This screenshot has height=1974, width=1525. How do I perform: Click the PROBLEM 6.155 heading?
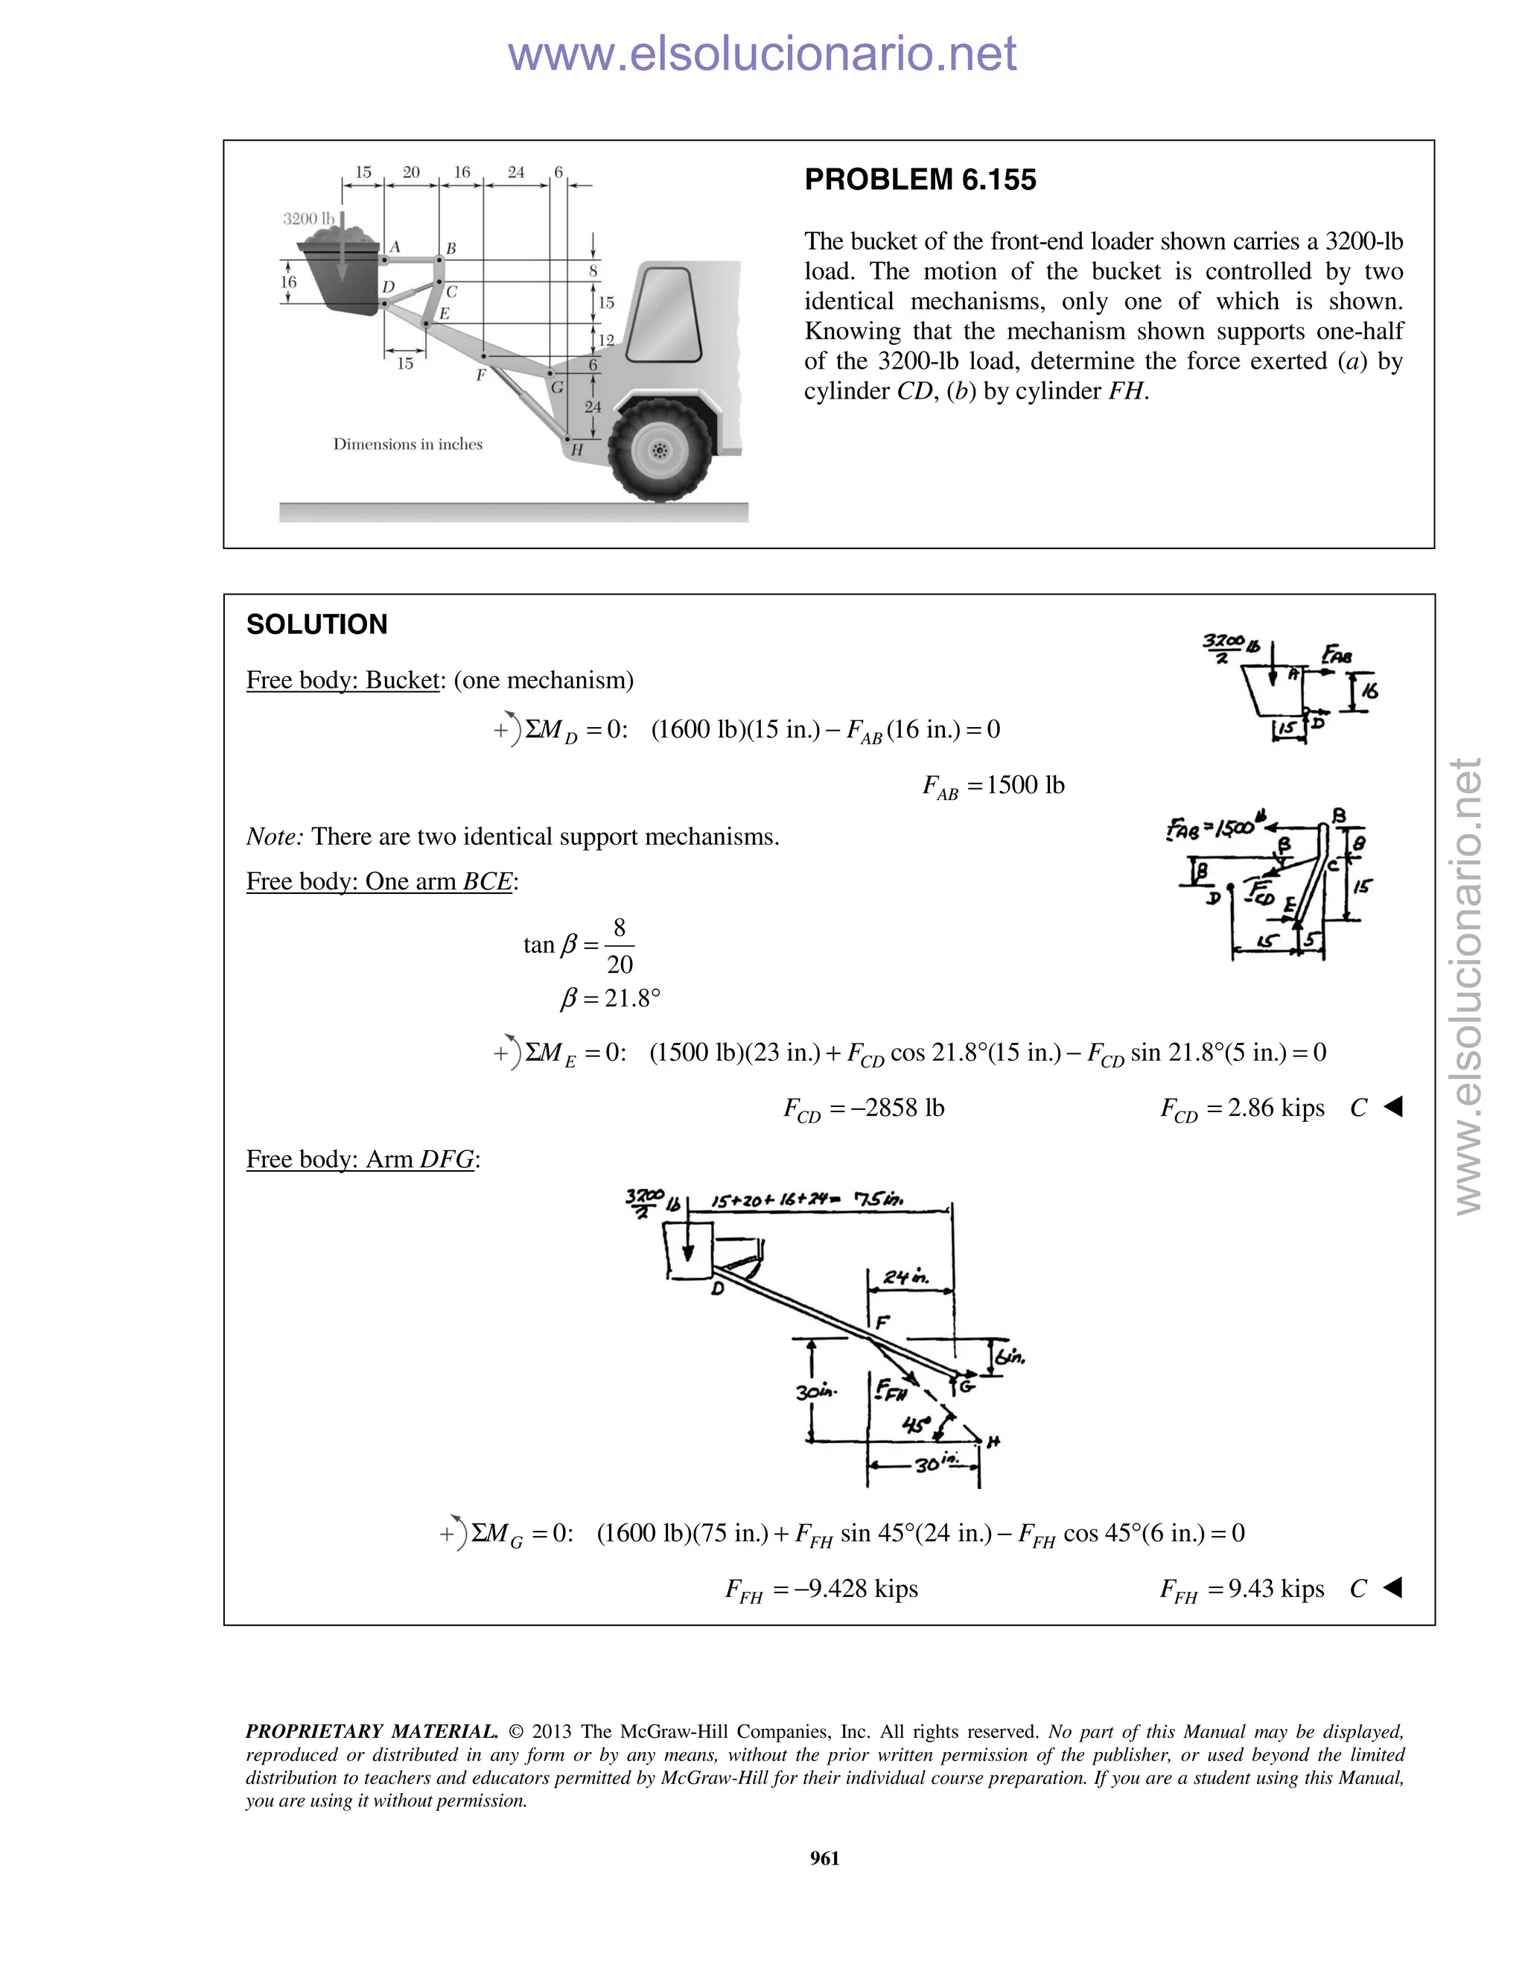pyautogui.click(x=920, y=180)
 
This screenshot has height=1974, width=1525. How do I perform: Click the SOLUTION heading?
pyautogui.click(x=317, y=624)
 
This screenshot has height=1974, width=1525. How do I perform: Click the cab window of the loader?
pyautogui.click(x=665, y=314)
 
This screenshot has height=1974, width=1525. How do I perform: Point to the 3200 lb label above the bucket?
pyautogui.click(x=308, y=219)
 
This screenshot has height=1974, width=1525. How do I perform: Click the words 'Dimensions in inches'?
pyautogui.click(x=407, y=444)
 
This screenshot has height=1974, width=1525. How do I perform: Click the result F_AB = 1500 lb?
pyautogui.click(x=993, y=785)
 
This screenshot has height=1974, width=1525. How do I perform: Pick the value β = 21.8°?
pyautogui.click(x=611, y=999)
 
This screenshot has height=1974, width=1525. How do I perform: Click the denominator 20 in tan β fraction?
pyautogui.click(x=620, y=965)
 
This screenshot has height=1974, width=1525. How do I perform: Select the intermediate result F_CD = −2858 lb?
pyautogui.click(x=864, y=1109)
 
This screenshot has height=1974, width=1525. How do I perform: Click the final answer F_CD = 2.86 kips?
pyautogui.click(x=1242, y=1109)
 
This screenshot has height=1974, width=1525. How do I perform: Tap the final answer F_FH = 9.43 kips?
pyautogui.click(x=1242, y=1589)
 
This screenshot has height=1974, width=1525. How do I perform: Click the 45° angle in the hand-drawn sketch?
pyautogui.click(x=915, y=1425)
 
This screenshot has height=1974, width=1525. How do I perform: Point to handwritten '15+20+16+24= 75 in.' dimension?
pyautogui.click(x=806, y=1202)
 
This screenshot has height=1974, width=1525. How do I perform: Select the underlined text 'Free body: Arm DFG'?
pyautogui.click(x=361, y=1160)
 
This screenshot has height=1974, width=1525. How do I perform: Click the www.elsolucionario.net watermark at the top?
pyautogui.click(x=762, y=54)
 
